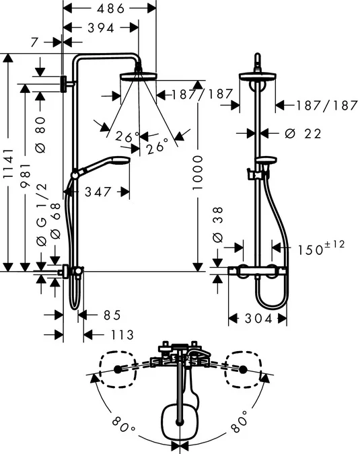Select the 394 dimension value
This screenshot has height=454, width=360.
pyautogui.click(x=101, y=28)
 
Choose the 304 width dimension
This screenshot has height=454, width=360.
pyautogui.click(x=258, y=319)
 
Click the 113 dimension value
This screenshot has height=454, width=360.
pyautogui.click(x=118, y=334)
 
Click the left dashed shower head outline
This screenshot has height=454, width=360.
pyautogui.click(x=118, y=369)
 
